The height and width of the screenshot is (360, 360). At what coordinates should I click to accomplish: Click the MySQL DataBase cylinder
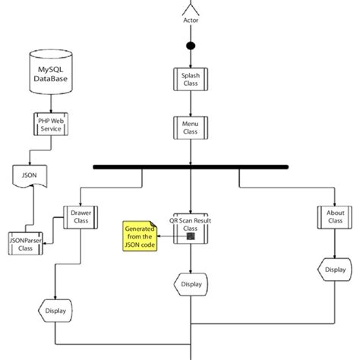51,73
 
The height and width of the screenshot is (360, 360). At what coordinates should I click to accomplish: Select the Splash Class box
191,80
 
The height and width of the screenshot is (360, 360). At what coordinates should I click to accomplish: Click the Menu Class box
191,128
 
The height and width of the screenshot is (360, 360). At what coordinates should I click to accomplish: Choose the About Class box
335,216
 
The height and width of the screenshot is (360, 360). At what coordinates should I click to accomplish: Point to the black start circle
191,46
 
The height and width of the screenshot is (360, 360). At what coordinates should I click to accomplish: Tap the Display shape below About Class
335,269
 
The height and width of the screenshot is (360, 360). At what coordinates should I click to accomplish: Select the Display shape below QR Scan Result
191,285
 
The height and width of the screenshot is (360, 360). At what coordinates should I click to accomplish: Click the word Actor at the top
191,21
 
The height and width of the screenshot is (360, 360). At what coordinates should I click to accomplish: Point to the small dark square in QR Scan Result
191,236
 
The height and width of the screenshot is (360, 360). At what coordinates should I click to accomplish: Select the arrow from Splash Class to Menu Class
191,104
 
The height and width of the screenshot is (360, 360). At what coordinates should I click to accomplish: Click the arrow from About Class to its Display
335,245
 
